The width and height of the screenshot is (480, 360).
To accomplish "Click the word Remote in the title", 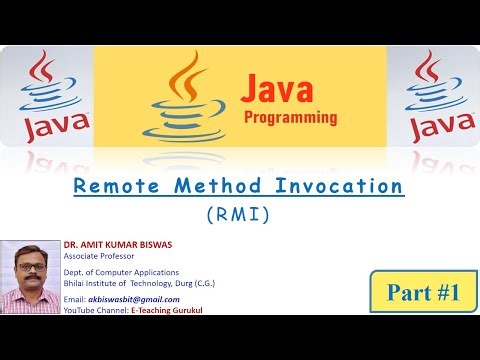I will tap(127, 186).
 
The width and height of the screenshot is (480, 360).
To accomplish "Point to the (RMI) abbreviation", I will tap(239, 213).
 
